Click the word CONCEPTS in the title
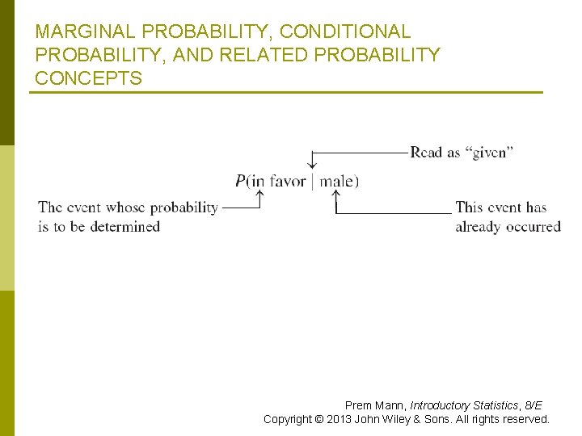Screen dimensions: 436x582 [x=89, y=79]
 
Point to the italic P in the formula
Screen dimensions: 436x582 [x=240, y=181]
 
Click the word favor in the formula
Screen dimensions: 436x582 [x=288, y=181]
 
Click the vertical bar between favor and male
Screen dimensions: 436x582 [x=313, y=181]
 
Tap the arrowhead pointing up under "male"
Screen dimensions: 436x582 [x=335, y=195]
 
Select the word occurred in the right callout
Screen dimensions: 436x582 [x=533, y=227]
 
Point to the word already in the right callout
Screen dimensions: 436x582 [x=479, y=227]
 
